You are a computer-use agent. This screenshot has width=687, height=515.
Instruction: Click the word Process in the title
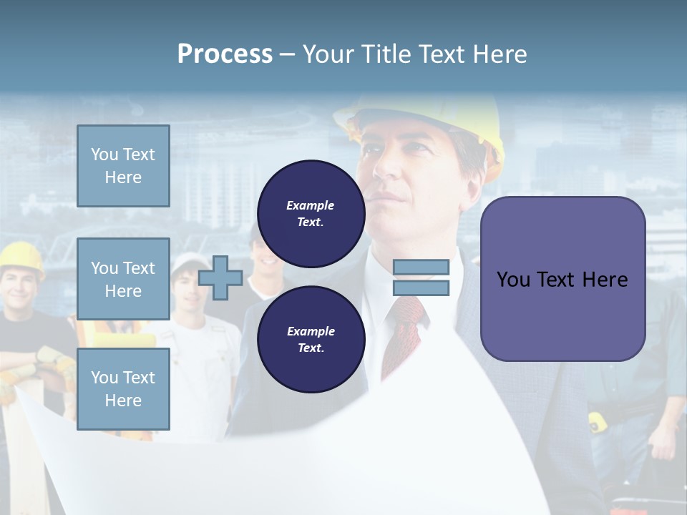(225, 54)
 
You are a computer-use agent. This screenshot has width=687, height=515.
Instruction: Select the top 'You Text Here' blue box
(123, 166)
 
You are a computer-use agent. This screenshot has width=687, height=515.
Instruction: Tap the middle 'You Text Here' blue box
(123, 279)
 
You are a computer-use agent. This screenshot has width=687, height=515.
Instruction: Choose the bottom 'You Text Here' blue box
(123, 388)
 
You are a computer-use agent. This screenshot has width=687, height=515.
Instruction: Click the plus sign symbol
(220, 278)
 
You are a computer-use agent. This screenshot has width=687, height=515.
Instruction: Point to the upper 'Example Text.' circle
(311, 213)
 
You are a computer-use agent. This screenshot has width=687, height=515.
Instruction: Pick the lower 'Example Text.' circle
(311, 339)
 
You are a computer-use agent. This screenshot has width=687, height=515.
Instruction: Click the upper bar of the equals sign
(421, 267)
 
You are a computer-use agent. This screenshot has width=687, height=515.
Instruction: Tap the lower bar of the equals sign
(421, 288)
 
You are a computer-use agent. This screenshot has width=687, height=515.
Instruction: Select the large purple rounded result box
(562, 279)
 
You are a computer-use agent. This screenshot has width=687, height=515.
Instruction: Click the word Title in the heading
(386, 54)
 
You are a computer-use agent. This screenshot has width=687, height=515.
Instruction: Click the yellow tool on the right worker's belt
(598, 422)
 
